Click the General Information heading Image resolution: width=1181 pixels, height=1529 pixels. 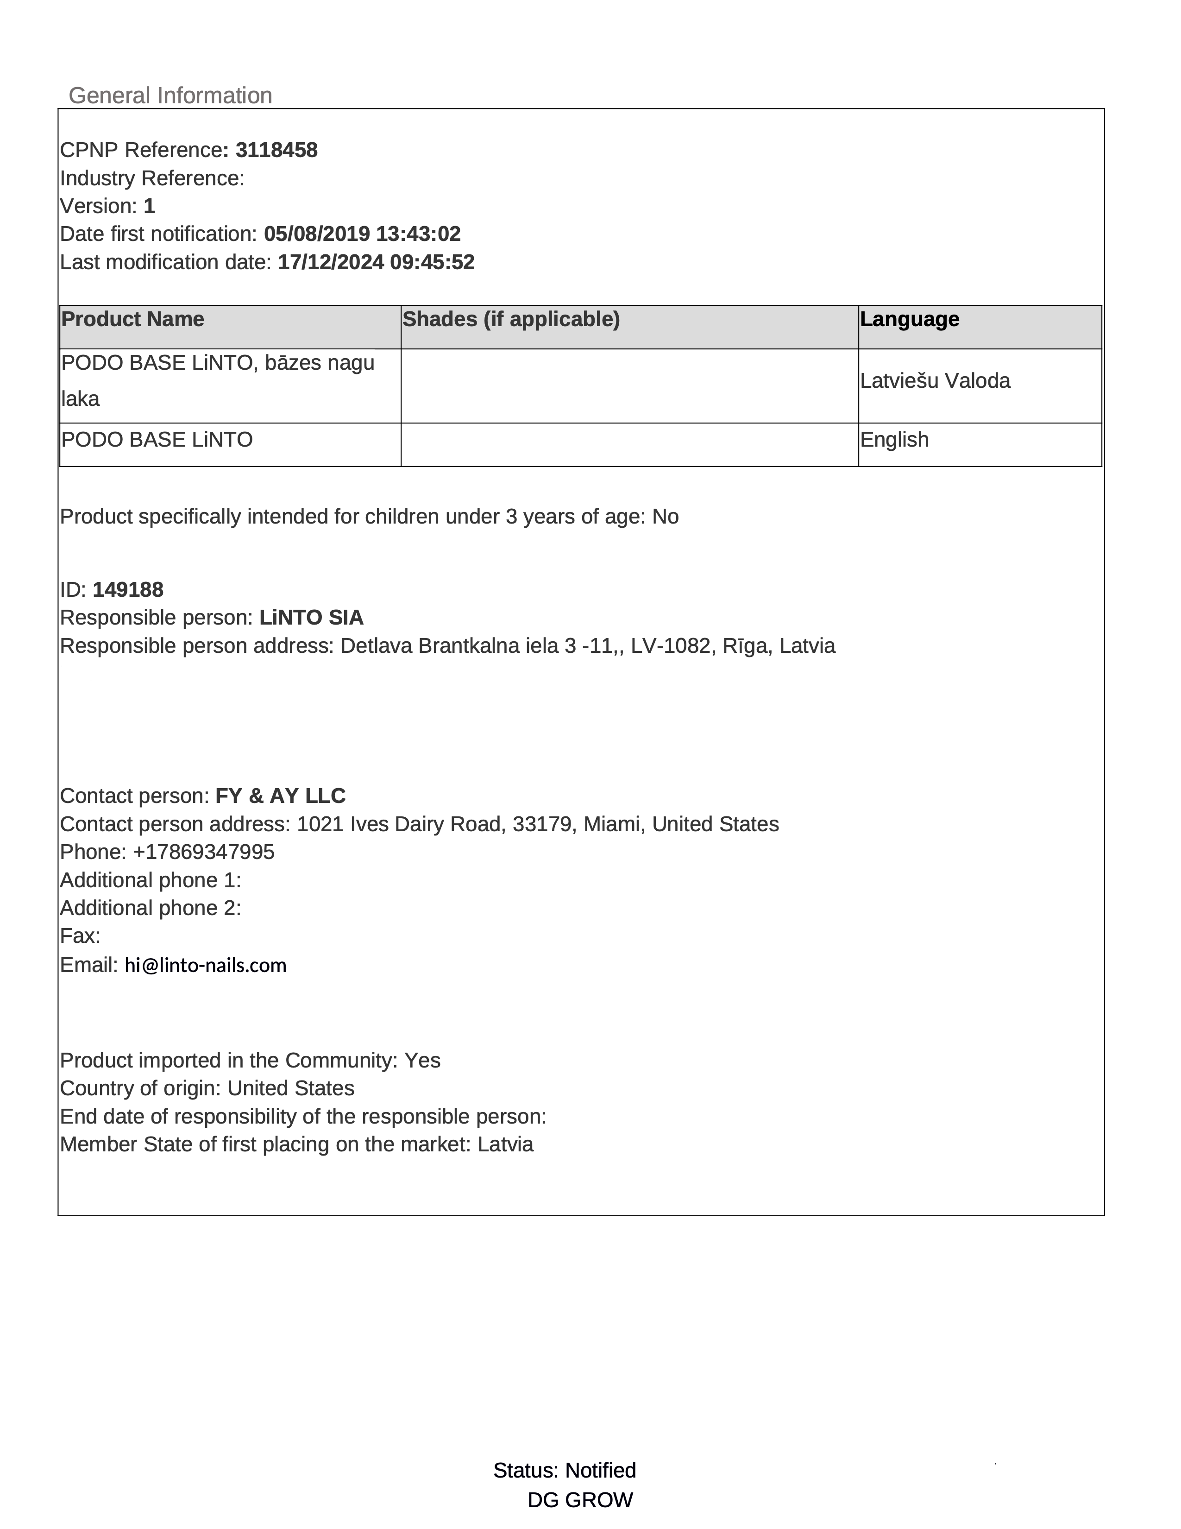pos(170,95)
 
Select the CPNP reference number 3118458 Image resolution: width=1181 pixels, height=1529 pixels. pos(276,150)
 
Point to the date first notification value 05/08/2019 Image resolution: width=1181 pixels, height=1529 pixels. pos(317,234)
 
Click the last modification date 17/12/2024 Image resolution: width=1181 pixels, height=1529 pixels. pos(331,262)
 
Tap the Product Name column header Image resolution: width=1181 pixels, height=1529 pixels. pos(133,319)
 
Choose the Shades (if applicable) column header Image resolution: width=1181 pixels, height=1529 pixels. pos(511,319)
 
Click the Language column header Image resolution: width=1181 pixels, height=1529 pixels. pos(910,319)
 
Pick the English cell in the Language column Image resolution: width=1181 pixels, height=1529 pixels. pos(894,440)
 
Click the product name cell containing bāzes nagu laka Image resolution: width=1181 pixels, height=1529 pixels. pos(218,380)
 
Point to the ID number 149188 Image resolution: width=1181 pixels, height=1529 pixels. pos(128,589)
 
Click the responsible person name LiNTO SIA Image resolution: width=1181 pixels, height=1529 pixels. pos(311,618)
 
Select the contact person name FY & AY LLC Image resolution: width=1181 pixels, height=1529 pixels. pos(281,796)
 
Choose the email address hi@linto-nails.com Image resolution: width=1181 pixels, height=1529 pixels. pos(206,966)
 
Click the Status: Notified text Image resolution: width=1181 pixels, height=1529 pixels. pos(565,1470)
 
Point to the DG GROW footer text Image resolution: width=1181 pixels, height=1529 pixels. pos(580,1500)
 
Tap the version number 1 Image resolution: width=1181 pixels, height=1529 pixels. pos(149,206)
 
